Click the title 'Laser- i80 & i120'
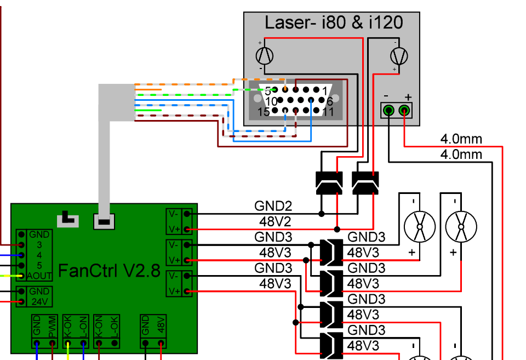coord(334,23)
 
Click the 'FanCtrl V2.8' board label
coord(109,271)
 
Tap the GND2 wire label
coord(273,205)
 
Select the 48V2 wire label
coord(275,221)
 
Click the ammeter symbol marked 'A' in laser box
coord(264,56)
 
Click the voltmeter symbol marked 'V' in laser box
coord(399,56)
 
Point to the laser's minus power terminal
coord(388,110)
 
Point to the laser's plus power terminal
coord(404,110)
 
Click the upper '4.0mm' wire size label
coord(461,139)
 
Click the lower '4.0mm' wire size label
coord(461,155)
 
